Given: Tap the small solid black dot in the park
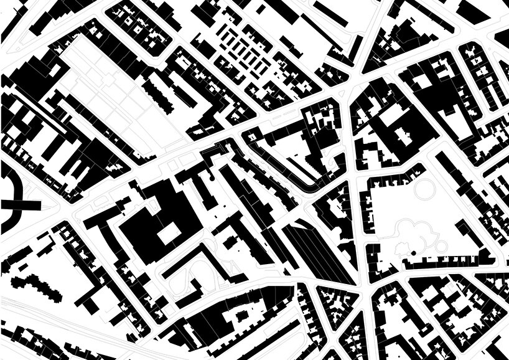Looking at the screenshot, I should tap(412, 252).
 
